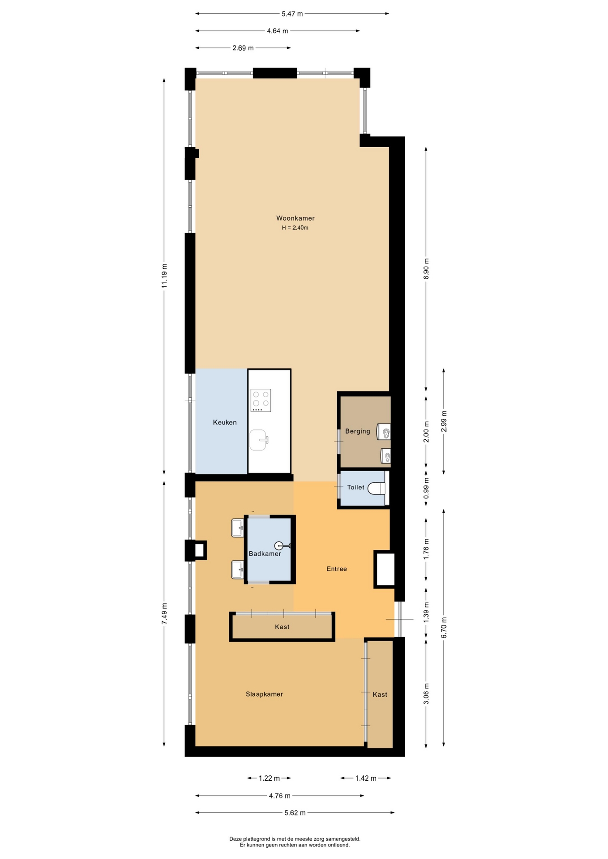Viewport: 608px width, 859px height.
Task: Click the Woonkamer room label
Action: coord(295,218)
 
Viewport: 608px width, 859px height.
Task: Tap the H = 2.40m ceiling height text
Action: coord(295,228)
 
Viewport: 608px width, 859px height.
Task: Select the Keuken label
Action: coord(225,422)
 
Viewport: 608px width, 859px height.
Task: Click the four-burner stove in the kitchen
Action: coord(261,400)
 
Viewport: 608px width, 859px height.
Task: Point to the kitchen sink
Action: coord(259,440)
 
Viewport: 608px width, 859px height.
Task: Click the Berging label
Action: coord(358,431)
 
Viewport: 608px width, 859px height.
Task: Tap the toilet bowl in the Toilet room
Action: coord(377,488)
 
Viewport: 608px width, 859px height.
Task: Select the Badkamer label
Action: coord(265,554)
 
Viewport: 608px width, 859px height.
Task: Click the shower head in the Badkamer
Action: coord(283,545)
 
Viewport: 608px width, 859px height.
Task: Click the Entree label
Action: coord(337,569)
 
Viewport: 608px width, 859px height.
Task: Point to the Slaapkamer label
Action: coord(264,694)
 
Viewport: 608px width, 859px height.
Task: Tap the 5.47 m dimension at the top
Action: coord(292,14)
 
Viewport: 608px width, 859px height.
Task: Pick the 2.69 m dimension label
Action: coord(243,48)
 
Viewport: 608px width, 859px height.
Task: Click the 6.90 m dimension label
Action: coord(426,269)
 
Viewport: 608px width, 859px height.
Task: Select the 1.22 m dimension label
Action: coord(269,778)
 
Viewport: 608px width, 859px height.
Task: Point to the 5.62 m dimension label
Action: coord(295,813)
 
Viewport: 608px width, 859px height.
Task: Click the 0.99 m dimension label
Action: coord(426,489)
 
